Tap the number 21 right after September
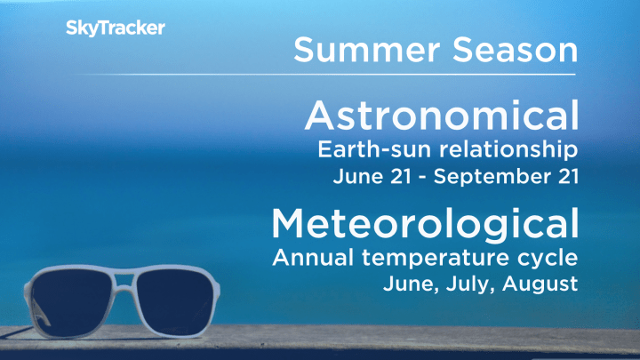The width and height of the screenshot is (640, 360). click(566, 175)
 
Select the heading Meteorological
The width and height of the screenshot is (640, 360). click(426, 225)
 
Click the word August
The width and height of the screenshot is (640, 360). click(540, 286)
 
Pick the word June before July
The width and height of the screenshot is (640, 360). click(407, 286)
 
